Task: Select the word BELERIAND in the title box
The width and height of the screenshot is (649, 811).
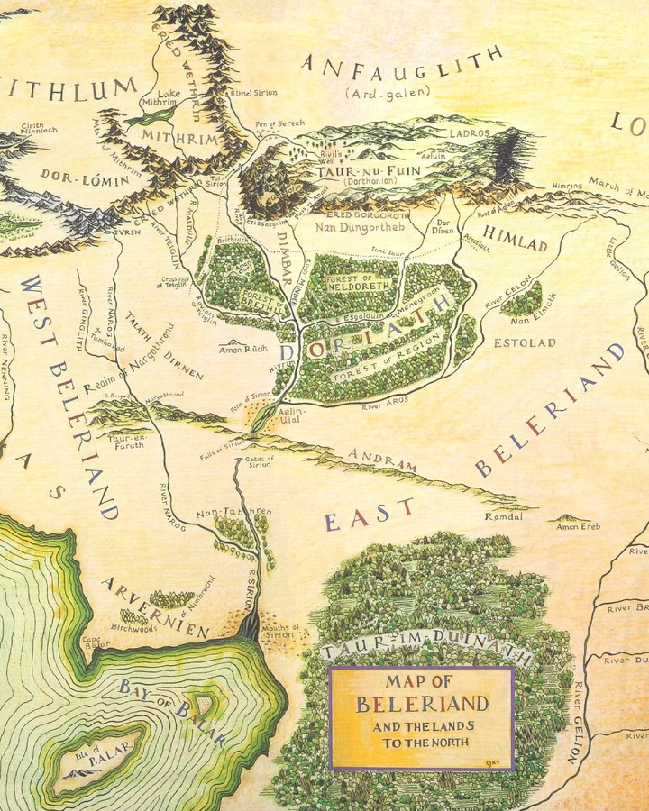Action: pyautogui.click(x=422, y=704)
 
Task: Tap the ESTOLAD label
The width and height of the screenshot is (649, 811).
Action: pyautogui.click(x=525, y=342)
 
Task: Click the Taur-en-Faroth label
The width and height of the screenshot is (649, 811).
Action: pyautogui.click(x=126, y=441)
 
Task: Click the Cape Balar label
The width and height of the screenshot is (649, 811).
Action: pyautogui.click(x=96, y=642)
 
